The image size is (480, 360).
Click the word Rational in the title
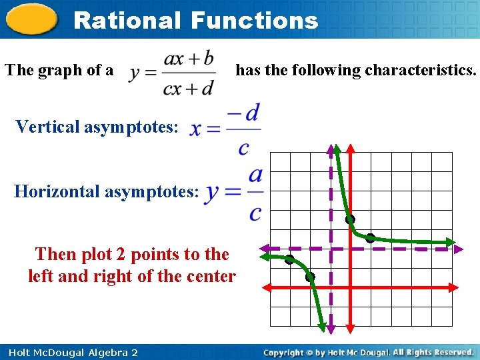coord(127,21)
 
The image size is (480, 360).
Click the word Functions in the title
coord(254,21)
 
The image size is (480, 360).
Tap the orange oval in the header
coord(31,20)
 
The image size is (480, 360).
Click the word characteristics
coord(420,70)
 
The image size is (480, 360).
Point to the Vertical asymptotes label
coord(97,126)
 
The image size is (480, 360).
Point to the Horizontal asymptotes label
coord(107,192)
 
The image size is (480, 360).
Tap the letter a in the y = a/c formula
coord(255,175)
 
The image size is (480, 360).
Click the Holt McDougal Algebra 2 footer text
coord(73,352)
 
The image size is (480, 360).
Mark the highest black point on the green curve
coord(349,219)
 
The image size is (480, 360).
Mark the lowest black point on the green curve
coord(310,277)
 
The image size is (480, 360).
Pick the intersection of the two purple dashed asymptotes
coord(331,249)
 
